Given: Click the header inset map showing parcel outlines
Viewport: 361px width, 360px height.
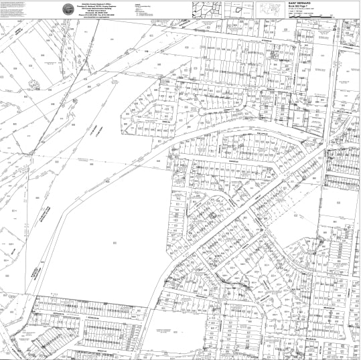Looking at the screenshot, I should (x=208, y=8).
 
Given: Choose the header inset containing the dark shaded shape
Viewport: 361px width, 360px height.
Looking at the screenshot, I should (x=238, y=9).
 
